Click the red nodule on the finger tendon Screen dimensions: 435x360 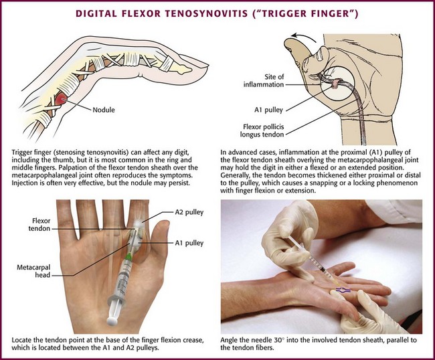pos(60,99)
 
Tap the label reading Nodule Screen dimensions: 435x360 pos(104,110)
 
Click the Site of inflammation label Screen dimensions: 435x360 pos(264,80)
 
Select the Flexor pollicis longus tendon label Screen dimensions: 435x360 pos(262,130)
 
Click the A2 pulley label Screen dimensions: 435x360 pos(189,212)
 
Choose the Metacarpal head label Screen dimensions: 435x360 pos(33,271)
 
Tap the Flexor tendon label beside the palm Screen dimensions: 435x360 pos(39,225)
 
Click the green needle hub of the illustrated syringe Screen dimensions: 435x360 pos(128,257)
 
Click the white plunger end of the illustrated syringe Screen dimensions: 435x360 pos(112,321)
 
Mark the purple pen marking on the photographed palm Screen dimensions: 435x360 pos(343,290)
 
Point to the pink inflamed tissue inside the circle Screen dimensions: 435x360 pos(336,83)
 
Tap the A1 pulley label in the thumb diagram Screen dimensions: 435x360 pos(268,110)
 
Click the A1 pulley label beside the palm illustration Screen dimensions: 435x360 pos(189,243)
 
